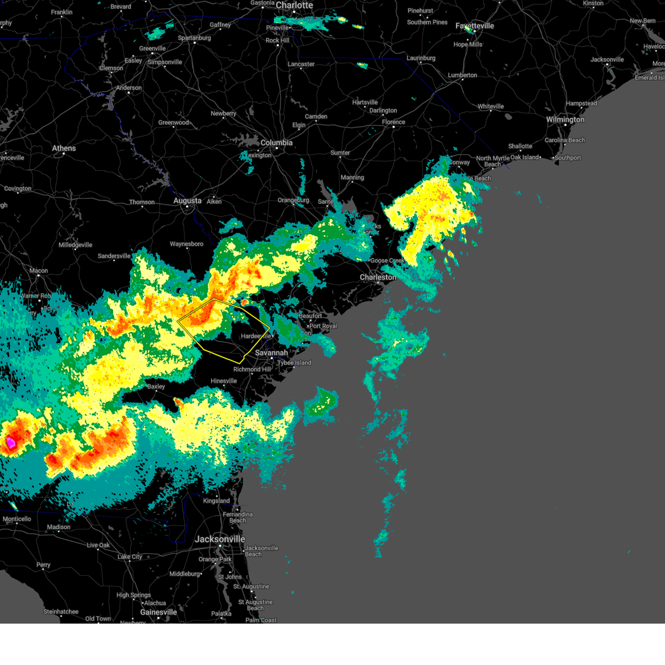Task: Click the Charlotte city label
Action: point(294,6)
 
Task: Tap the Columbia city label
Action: point(277,143)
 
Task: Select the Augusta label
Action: point(187,201)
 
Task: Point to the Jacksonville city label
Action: point(220,539)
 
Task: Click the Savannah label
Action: point(272,353)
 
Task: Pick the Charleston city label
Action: point(378,277)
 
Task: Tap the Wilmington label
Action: point(565,120)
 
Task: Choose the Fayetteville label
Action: point(474,26)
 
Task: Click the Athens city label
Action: point(64,149)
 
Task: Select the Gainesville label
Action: point(158,612)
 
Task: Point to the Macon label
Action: point(39,271)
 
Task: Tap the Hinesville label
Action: point(224,381)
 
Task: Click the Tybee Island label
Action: point(294,363)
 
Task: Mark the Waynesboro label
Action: point(186,244)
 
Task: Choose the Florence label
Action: point(393,122)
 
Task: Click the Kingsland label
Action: point(216,501)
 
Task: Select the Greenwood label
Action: point(173,123)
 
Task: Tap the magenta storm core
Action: point(11,442)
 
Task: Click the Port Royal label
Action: point(323,326)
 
